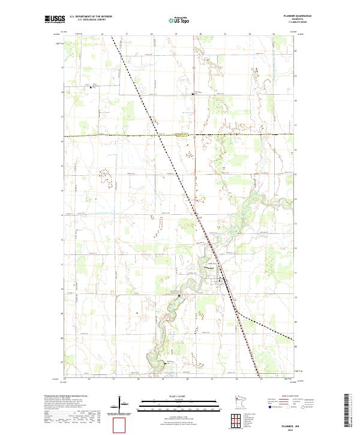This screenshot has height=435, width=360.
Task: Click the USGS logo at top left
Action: coord(55,19)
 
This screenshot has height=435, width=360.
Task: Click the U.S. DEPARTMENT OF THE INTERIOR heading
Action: coord(91,16)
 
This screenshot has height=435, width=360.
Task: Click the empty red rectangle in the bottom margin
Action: coord(120,424)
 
